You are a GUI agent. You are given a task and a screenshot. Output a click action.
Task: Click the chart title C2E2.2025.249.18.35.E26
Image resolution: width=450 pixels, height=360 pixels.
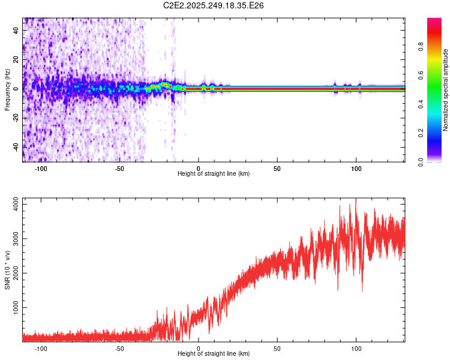click(214, 5)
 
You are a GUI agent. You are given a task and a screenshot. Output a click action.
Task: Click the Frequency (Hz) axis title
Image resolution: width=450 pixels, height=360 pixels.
click(7, 90)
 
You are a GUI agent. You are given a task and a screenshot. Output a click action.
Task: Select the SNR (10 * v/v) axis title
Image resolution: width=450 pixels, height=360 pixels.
click(7, 270)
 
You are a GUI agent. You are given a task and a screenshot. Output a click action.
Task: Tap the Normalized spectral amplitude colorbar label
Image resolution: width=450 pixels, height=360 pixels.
click(446, 90)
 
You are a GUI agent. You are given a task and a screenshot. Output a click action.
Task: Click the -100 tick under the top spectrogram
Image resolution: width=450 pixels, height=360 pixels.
click(41, 168)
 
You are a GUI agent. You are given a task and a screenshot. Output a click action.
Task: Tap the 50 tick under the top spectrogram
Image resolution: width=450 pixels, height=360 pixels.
click(277, 168)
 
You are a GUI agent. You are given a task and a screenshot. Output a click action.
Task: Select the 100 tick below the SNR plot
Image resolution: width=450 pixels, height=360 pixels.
click(356, 349)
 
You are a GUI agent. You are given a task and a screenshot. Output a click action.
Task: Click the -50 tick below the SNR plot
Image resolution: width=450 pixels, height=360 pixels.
click(119, 349)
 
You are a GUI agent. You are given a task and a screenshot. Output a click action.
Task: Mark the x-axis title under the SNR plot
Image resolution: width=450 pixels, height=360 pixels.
click(214, 355)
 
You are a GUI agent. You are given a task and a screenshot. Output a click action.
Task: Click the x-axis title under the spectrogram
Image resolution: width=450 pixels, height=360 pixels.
click(214, 174)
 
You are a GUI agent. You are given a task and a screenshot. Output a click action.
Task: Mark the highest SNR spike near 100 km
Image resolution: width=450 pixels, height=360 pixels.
click(356, 200)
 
